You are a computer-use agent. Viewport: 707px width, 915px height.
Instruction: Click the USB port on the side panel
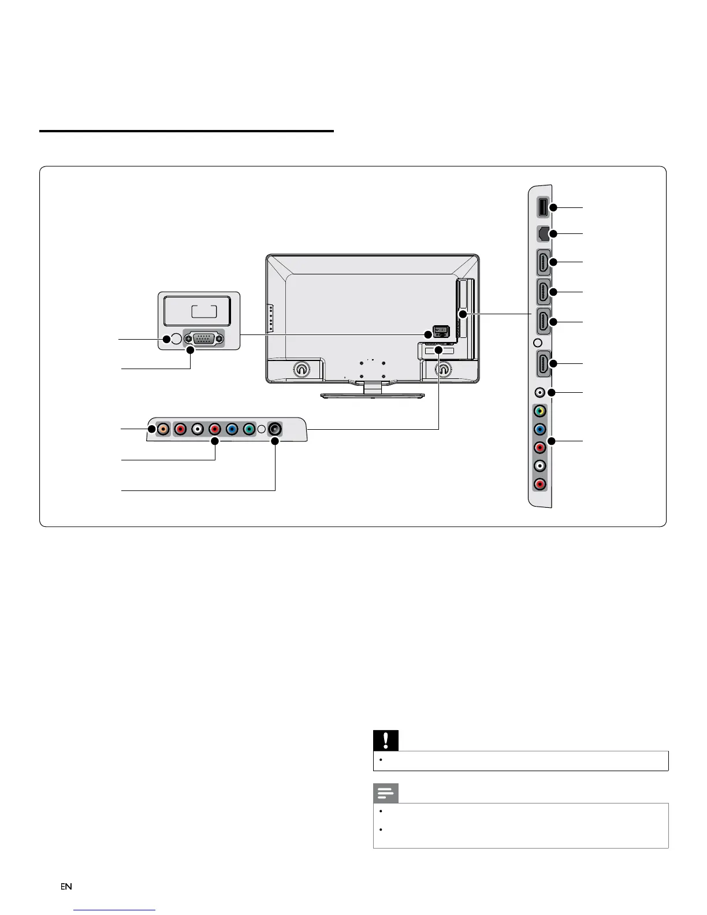[543, 207]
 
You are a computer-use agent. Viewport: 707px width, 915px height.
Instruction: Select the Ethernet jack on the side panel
[543, 234]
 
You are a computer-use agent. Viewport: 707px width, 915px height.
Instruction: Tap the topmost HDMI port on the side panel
[544, 262]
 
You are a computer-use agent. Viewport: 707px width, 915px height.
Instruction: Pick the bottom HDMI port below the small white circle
[544, 364]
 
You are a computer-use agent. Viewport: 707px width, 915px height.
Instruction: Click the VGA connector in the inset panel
[203, 339]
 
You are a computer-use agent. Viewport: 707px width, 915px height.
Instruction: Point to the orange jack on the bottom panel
[163, 429]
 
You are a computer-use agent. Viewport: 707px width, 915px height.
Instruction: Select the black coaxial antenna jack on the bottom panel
[275, 429]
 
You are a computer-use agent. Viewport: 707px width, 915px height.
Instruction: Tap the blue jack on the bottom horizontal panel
[232, 429]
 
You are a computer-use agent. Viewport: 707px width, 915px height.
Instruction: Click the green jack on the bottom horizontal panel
[249, 429]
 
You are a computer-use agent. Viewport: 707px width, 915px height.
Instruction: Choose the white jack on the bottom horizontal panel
[198, 429]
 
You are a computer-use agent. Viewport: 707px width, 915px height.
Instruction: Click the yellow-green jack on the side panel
[539, 411]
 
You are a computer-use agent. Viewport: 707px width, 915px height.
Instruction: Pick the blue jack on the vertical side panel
[539, 429]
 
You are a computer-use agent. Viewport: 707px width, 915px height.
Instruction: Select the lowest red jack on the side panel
[539, 484]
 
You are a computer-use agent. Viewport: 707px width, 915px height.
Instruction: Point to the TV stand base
[373, 395]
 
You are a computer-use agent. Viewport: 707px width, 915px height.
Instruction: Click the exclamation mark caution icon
[386, 741]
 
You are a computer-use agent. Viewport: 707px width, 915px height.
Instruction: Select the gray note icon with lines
[386, 794]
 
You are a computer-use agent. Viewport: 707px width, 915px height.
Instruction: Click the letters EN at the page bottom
[66, 887]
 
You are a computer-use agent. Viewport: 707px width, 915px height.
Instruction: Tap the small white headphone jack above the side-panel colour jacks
[539, 392]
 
